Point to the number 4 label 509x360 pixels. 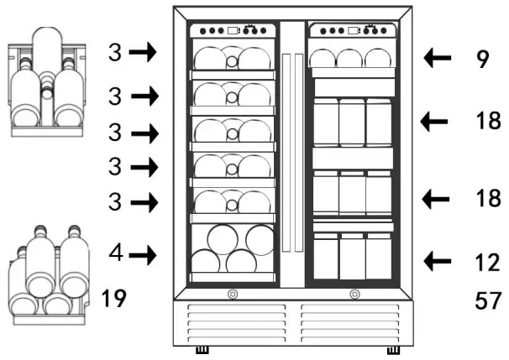pos(117,253)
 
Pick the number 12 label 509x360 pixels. pos(487,263)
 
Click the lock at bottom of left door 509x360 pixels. pos(232,294)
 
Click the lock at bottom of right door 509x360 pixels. pos(354,294)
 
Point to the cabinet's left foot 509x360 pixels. pos(202,350)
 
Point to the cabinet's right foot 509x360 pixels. pos(392,350)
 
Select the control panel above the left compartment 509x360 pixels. pos(233,32)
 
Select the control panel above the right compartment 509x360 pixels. pos(352,31)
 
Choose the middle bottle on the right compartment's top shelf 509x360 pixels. pos(352,58)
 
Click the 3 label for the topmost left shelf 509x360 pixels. pos(115,53)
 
